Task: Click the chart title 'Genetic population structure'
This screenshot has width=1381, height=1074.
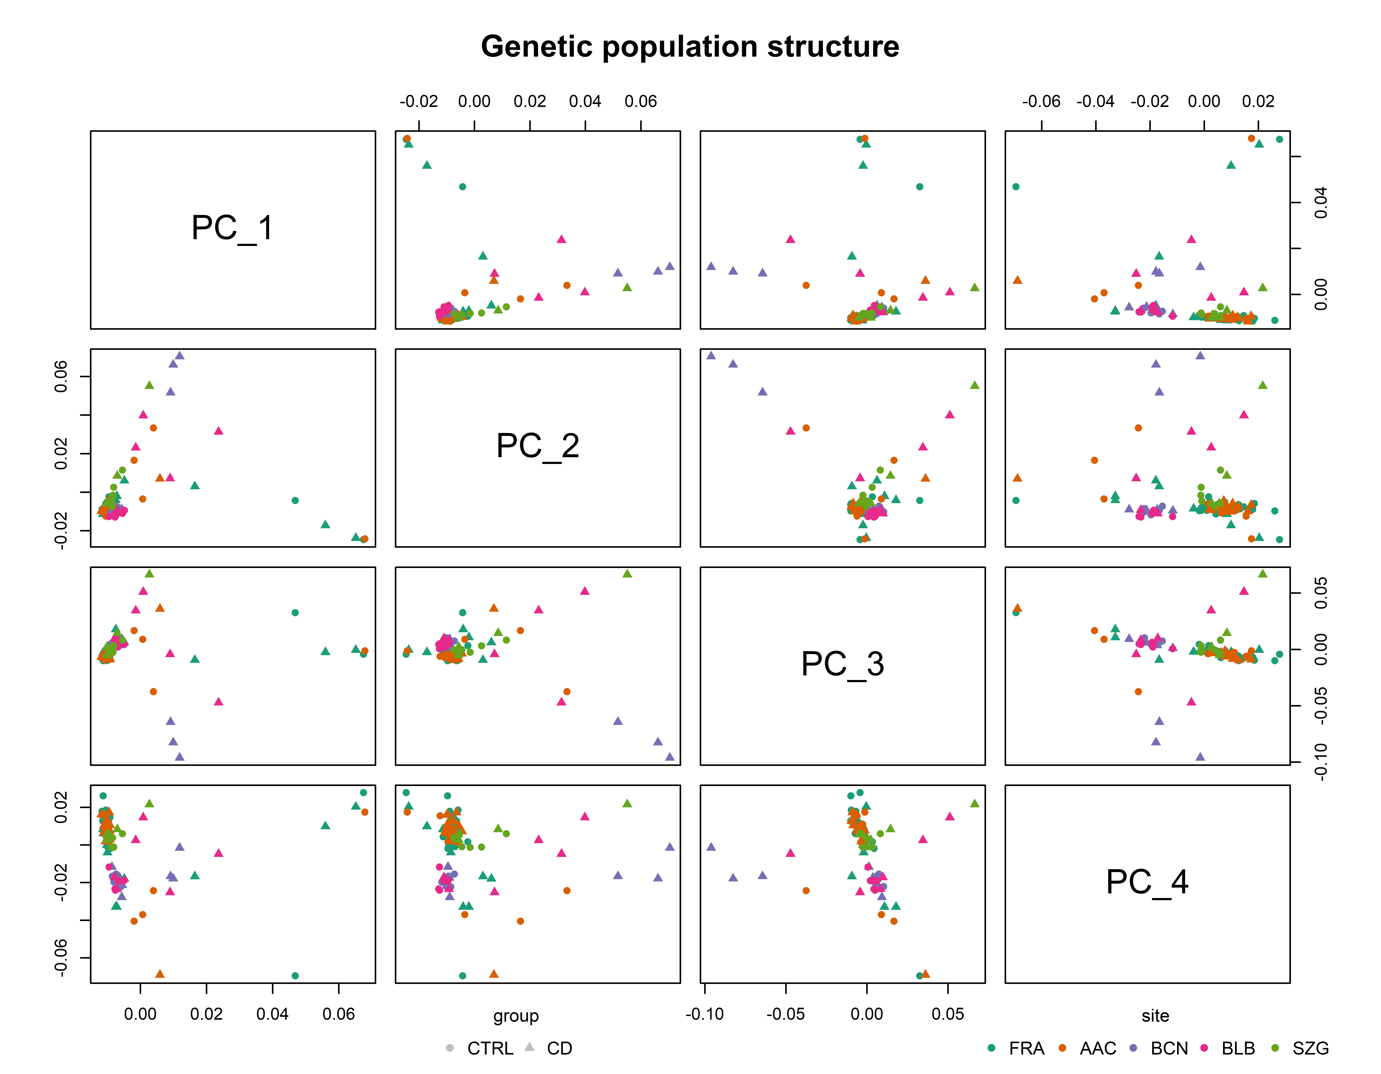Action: click(690, 47)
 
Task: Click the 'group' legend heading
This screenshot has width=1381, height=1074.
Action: click(516, 1016)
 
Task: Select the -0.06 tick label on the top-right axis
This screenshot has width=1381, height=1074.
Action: click(1041, 101)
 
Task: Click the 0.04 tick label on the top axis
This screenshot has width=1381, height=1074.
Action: click(585, 101)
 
